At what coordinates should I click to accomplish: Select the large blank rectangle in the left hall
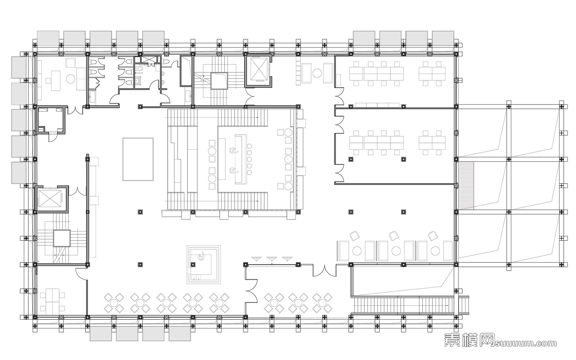point(138,159)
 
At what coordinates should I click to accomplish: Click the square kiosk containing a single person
point(204,264)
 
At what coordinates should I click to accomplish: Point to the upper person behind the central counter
point(233,150)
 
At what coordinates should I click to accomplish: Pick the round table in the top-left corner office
point(71,78)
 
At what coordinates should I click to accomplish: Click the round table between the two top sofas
point(317,73)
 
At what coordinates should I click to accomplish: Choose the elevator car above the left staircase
point(50,198)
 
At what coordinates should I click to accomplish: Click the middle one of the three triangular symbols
point(272,259)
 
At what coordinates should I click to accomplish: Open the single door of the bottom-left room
point(81,273)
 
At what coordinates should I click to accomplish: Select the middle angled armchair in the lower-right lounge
point(394,236)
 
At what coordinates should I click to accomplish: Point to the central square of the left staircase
point(62,238)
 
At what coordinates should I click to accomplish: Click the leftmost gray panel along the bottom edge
point(101,334)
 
